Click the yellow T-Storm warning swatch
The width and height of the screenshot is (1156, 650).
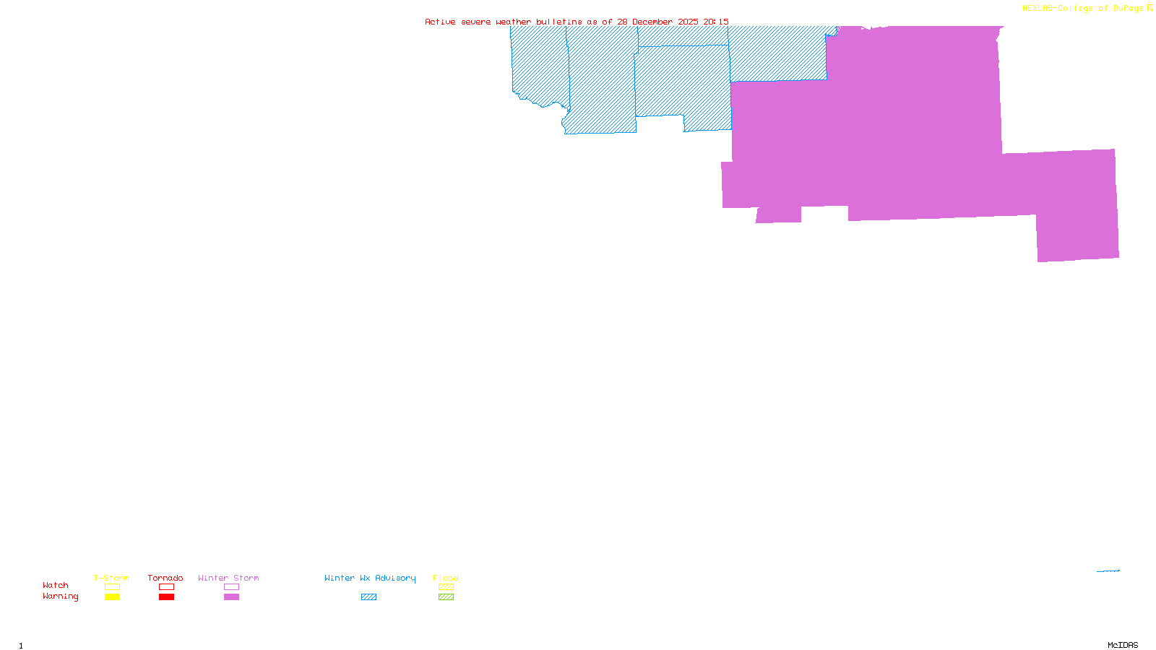(x=112, y=597)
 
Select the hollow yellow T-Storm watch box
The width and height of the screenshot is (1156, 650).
(x=112, y=587)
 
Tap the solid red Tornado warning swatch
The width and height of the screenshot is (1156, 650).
(x=166, y=597)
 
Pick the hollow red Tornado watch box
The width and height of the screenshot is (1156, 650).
(x=166, y=587)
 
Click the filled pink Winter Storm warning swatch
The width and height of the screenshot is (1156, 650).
(x=231, y=597)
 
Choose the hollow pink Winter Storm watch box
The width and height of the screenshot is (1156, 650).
(x=231, y=587)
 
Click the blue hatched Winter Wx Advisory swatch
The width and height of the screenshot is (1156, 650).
(x=368, y=597)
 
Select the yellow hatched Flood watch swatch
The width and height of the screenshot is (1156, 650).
(x=446, y=587)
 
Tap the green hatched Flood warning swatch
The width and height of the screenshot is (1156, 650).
(x=446, y=597)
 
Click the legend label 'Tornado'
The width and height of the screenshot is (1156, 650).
(x=165, y=578)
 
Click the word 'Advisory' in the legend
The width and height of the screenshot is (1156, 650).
(x=395, y=578)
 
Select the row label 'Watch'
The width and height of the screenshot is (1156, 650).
(x=56, y=585)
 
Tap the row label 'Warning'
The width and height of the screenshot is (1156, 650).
(x=60, y=597)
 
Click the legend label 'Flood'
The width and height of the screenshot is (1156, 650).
(x=446, y=578)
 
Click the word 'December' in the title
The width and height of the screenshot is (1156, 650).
(x=652, y=22)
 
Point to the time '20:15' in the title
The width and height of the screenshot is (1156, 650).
(x=716, y=22)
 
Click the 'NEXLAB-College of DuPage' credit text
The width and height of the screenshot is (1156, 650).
(x=1082, y=9)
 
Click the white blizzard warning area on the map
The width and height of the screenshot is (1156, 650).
(x=1058, y=94)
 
